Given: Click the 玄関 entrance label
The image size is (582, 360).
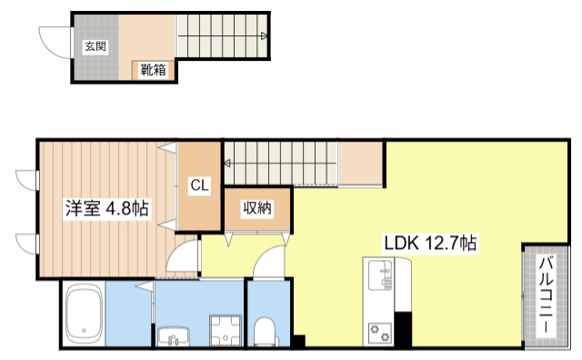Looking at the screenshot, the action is [95, 46].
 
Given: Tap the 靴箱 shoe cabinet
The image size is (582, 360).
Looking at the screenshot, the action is [153, 70].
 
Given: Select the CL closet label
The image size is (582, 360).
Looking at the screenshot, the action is [199, 185].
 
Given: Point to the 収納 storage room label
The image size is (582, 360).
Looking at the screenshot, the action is [257, 208].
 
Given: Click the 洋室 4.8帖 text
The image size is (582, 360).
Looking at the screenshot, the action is [107, 208].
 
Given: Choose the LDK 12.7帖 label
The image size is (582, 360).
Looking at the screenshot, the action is [430, 244].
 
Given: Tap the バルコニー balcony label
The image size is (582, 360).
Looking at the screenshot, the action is [546, 295].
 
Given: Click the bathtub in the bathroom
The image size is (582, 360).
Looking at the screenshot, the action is [84, 315].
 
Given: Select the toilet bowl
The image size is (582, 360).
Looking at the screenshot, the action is [265, 331].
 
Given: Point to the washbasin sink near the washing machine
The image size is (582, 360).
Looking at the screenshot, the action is [174, 336].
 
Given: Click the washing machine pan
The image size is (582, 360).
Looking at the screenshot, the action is [226, 330].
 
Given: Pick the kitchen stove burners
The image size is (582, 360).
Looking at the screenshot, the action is [380, 332].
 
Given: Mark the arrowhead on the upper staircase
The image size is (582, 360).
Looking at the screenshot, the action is [264, 36].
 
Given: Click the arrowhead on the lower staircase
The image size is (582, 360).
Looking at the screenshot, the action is [226, 163].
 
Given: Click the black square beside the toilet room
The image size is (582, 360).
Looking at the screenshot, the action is [299, 341].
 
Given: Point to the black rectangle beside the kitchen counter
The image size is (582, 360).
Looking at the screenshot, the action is [403, 329].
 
